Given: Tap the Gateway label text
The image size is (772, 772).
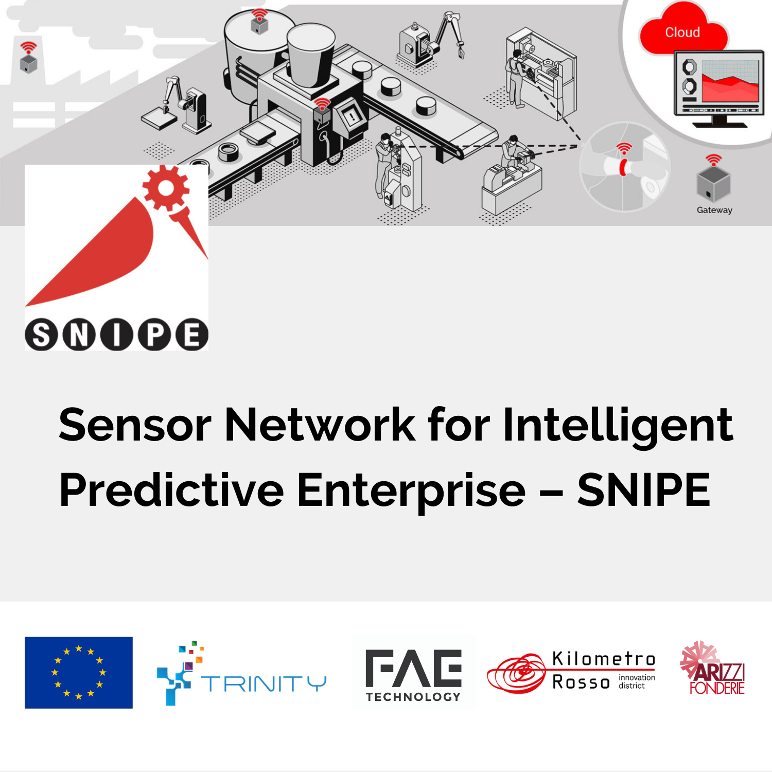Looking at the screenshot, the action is click(x=714, y=210).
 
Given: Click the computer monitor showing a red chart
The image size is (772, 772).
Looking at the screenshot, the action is click(x=719, y=88).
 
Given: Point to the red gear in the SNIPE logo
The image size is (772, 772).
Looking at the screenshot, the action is click(x=166, y=188).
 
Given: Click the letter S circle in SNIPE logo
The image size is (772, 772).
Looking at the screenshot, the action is click(x=41, y=335).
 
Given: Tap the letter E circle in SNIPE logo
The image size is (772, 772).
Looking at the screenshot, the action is click(x=192, y=335).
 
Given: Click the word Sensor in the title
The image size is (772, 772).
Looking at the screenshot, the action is click(x=135, y=425).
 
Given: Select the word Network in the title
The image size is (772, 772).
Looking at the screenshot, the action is click(x=320, y=425).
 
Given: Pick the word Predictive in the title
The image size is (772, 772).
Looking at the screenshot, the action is click(x=171, y=490).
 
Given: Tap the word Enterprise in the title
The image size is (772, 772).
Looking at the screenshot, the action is click(x=411, y=492).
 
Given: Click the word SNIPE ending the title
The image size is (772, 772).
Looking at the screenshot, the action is click(x=644, y=490).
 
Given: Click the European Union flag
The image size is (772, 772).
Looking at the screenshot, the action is click(x=79, y=673).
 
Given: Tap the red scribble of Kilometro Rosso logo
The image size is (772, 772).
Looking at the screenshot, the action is click(x=516, y=673).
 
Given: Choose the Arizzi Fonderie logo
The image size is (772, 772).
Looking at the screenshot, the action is click(x=713, y=668).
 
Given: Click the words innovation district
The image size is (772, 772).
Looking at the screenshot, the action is click(x=637, y=681).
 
